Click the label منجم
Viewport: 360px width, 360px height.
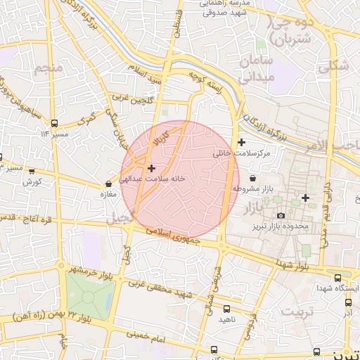pos(49,69)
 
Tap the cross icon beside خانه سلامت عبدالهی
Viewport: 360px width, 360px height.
pos(151,169)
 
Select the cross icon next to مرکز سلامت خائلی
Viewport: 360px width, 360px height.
pos(240,143)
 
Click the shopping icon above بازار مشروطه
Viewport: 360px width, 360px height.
pos(252,177)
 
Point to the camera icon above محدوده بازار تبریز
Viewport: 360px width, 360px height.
pos(281,215)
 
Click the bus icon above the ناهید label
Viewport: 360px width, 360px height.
pos(226,308)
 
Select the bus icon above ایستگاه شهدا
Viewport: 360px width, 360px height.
pos(338,278)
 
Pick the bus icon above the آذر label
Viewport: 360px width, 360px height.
pos(348,302)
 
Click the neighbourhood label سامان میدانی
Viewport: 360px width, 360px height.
pos(255,68)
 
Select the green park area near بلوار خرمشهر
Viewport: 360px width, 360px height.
pos(90,295)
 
